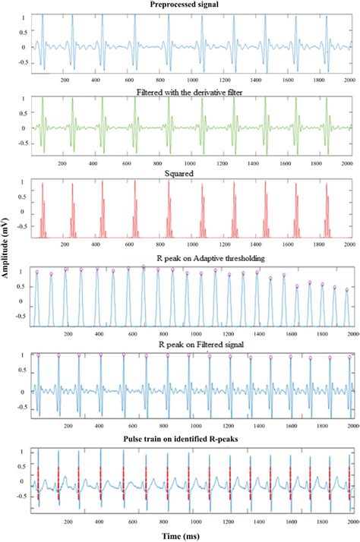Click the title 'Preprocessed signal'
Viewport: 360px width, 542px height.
pos(190,5)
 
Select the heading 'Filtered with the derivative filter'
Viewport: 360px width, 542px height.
pos(190,90)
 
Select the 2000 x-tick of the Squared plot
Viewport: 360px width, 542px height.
pos(346,245)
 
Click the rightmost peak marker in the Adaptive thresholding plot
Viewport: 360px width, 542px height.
pos(347,289)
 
